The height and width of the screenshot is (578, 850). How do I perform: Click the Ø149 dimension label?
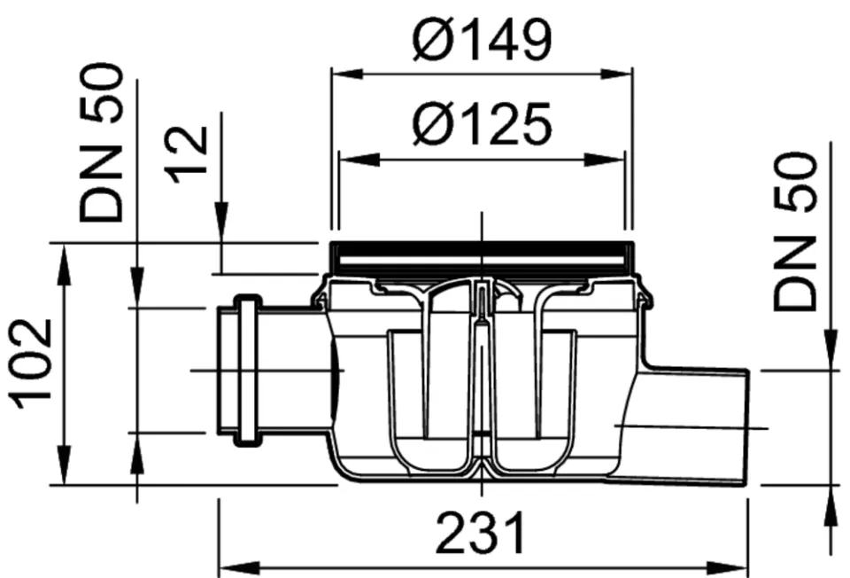[x=482, y=39]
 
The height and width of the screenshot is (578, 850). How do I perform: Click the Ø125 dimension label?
[x=482, y=124]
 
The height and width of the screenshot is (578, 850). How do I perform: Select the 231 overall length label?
[x=481, y=533]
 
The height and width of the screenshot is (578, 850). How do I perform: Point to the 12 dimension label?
[x=187, y=154]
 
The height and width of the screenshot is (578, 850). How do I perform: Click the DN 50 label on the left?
[x=101, y=142]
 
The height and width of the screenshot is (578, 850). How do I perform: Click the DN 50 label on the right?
[x=794, y=230]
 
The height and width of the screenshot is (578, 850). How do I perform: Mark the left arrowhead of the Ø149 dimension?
[x=347, y=74]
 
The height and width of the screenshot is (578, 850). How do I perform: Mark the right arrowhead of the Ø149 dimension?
[x=616, y=74]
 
